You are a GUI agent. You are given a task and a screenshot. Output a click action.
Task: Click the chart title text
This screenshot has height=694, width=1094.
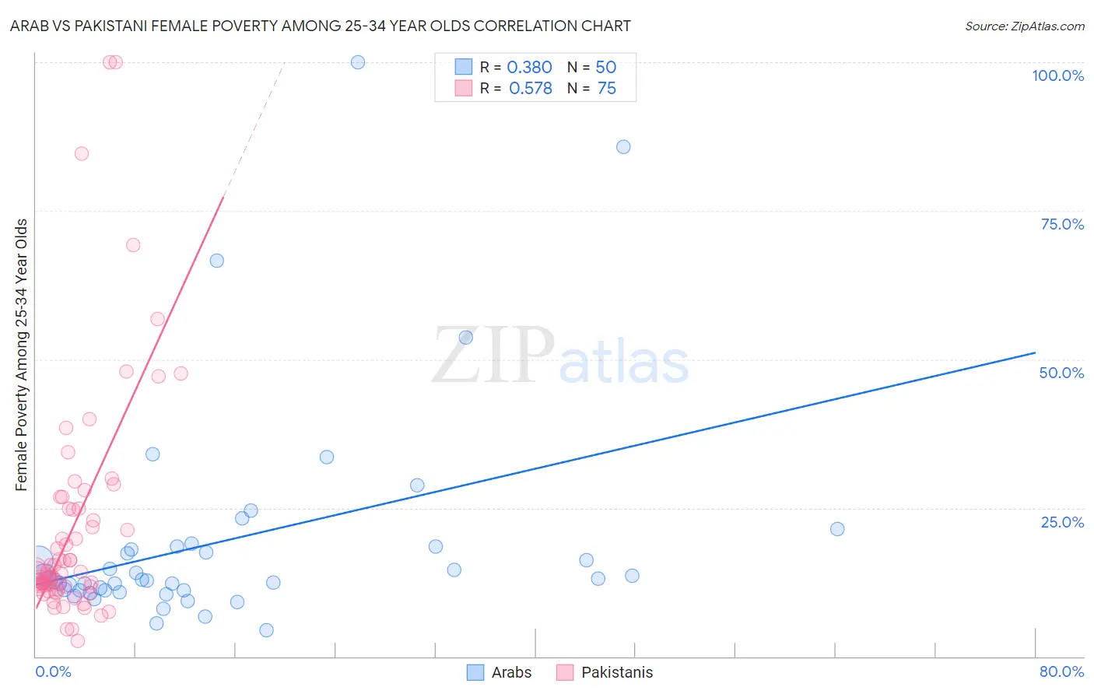[x=321, y=26]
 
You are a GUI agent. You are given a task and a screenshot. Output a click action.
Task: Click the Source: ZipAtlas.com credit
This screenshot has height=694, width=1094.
[x=1024, y=26]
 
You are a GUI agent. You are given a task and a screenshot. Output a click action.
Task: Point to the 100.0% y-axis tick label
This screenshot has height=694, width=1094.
[x=1057, y=75]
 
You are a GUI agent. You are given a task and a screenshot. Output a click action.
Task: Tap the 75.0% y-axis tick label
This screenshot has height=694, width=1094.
[x=1061, y=224]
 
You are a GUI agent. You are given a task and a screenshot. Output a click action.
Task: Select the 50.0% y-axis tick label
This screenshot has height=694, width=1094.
[x=1061, y=373]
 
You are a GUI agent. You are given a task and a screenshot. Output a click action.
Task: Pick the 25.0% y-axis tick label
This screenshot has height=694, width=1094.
[x=1061, y=522]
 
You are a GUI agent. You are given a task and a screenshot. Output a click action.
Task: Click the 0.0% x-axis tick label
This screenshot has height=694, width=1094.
[x=53, y=671]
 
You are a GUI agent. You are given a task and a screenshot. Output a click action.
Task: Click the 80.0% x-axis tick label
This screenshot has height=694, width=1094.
[x=1061, y=671]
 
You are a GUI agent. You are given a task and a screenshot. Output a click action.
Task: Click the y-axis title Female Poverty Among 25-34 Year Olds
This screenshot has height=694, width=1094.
[x=22, y=355]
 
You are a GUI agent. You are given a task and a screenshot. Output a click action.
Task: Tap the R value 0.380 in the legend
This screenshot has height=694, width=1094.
[x=529, y=68]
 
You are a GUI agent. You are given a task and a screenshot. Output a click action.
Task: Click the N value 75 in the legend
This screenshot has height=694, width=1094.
[x=606, y=89]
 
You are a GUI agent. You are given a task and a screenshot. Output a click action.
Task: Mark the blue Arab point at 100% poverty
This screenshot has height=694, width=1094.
[x=358, y=62]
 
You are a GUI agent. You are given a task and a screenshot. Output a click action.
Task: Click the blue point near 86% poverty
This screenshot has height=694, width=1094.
[x=623, y=147]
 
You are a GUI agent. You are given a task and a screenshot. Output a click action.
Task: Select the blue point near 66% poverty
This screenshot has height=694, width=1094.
[x=217, y=261]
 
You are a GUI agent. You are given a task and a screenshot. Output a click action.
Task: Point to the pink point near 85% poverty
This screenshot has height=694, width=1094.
[x=82, y=154]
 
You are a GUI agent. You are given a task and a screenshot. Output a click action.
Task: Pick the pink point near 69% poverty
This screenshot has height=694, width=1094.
[x=133, y=245]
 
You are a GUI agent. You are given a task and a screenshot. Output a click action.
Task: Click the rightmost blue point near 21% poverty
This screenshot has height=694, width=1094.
[x=837, y=529]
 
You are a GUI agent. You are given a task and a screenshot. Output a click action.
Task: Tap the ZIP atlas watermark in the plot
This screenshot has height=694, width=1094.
[x=560, y=356]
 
